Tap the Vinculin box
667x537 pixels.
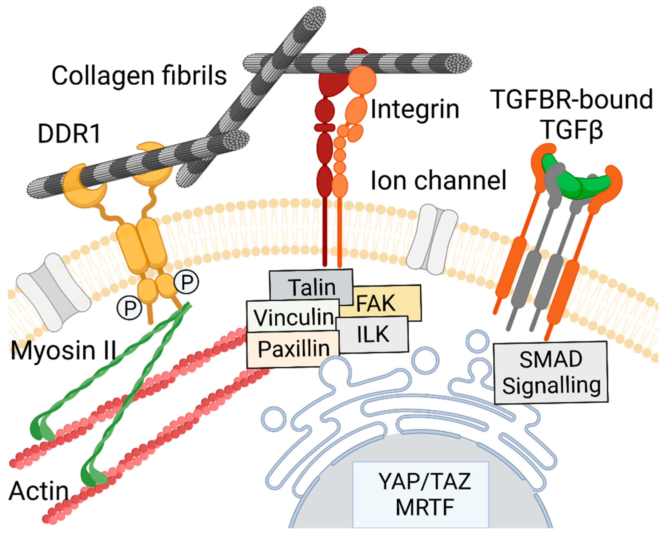coord(292,317)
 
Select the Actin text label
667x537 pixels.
coord(39,491)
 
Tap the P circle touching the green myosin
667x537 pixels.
coord(186,282)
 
